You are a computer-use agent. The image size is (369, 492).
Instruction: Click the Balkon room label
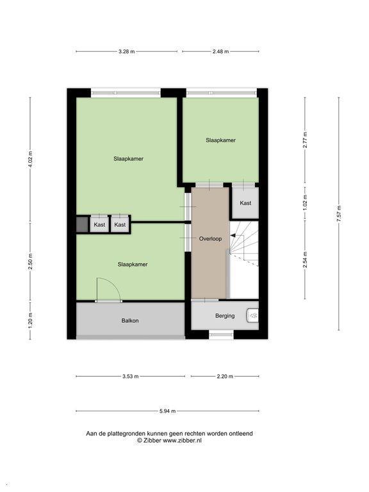(x=130, y=321)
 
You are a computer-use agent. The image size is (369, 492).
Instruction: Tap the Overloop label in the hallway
(x=210, y=239)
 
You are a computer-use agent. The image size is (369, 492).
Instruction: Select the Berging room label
(x=225, y=316)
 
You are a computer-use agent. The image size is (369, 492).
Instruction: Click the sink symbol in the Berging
(x=252, y=315)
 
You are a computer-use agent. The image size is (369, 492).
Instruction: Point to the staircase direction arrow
(x=234, y=235)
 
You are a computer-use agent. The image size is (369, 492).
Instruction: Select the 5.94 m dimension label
(x=167, y=411)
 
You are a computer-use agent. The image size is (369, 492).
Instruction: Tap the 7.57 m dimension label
(x=338, y=214)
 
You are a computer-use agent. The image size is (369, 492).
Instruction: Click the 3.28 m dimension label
(x=126, y=51)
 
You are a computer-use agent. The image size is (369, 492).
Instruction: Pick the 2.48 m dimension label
(x=220, y=51)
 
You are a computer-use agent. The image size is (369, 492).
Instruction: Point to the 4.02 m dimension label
(x=30, y=160)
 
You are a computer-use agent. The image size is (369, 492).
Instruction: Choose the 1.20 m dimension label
(x=30, y=321)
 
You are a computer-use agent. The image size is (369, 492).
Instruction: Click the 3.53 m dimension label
(x=130, y=376)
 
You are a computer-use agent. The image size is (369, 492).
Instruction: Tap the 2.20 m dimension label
(x=225, y=376)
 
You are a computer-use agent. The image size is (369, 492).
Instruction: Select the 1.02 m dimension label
(x=305, y=202)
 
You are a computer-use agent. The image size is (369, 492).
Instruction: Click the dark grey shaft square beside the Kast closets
(x=82, y=224)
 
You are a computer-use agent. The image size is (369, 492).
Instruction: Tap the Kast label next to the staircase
(x=245, y=203)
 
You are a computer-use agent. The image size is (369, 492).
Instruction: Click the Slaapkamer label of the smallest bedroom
(x=220, y=140)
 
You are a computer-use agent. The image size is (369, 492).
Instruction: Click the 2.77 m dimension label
(x=305, y=140)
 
